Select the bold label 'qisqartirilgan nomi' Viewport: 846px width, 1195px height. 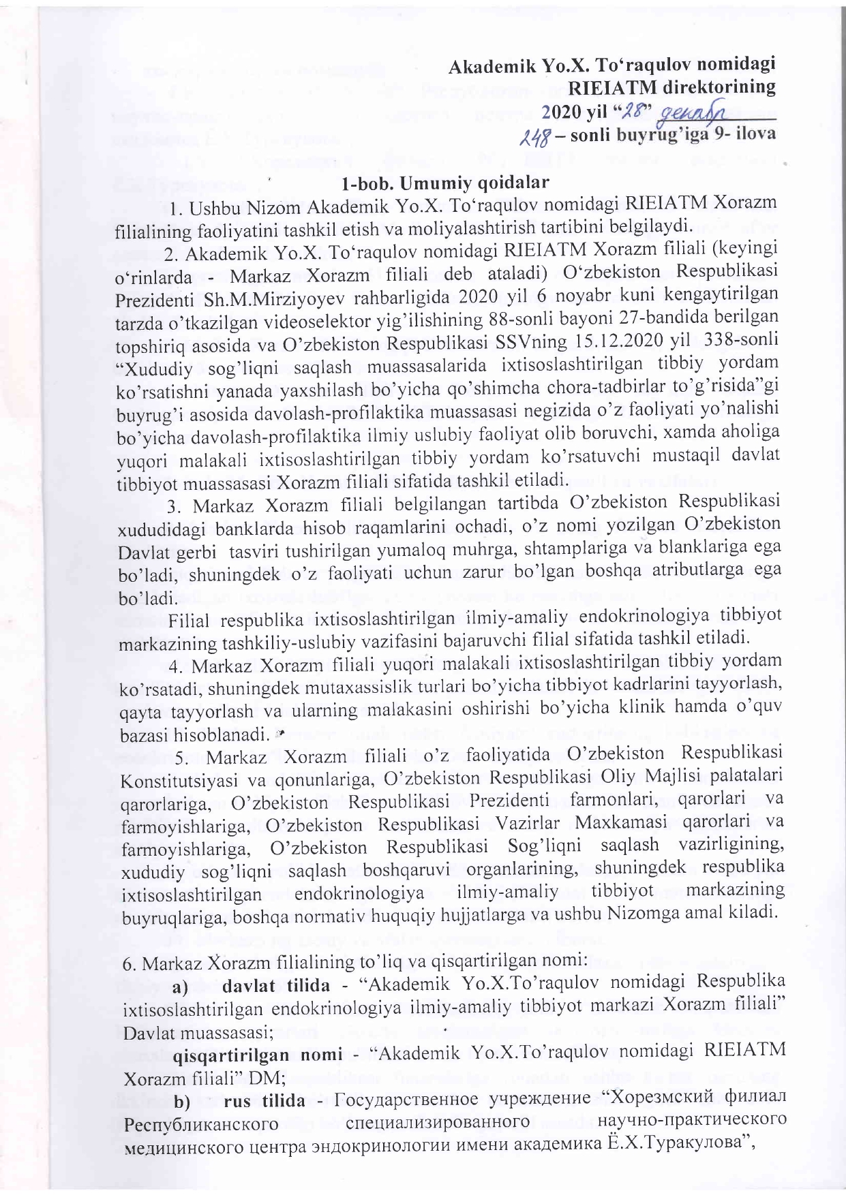coord(256,1055)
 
